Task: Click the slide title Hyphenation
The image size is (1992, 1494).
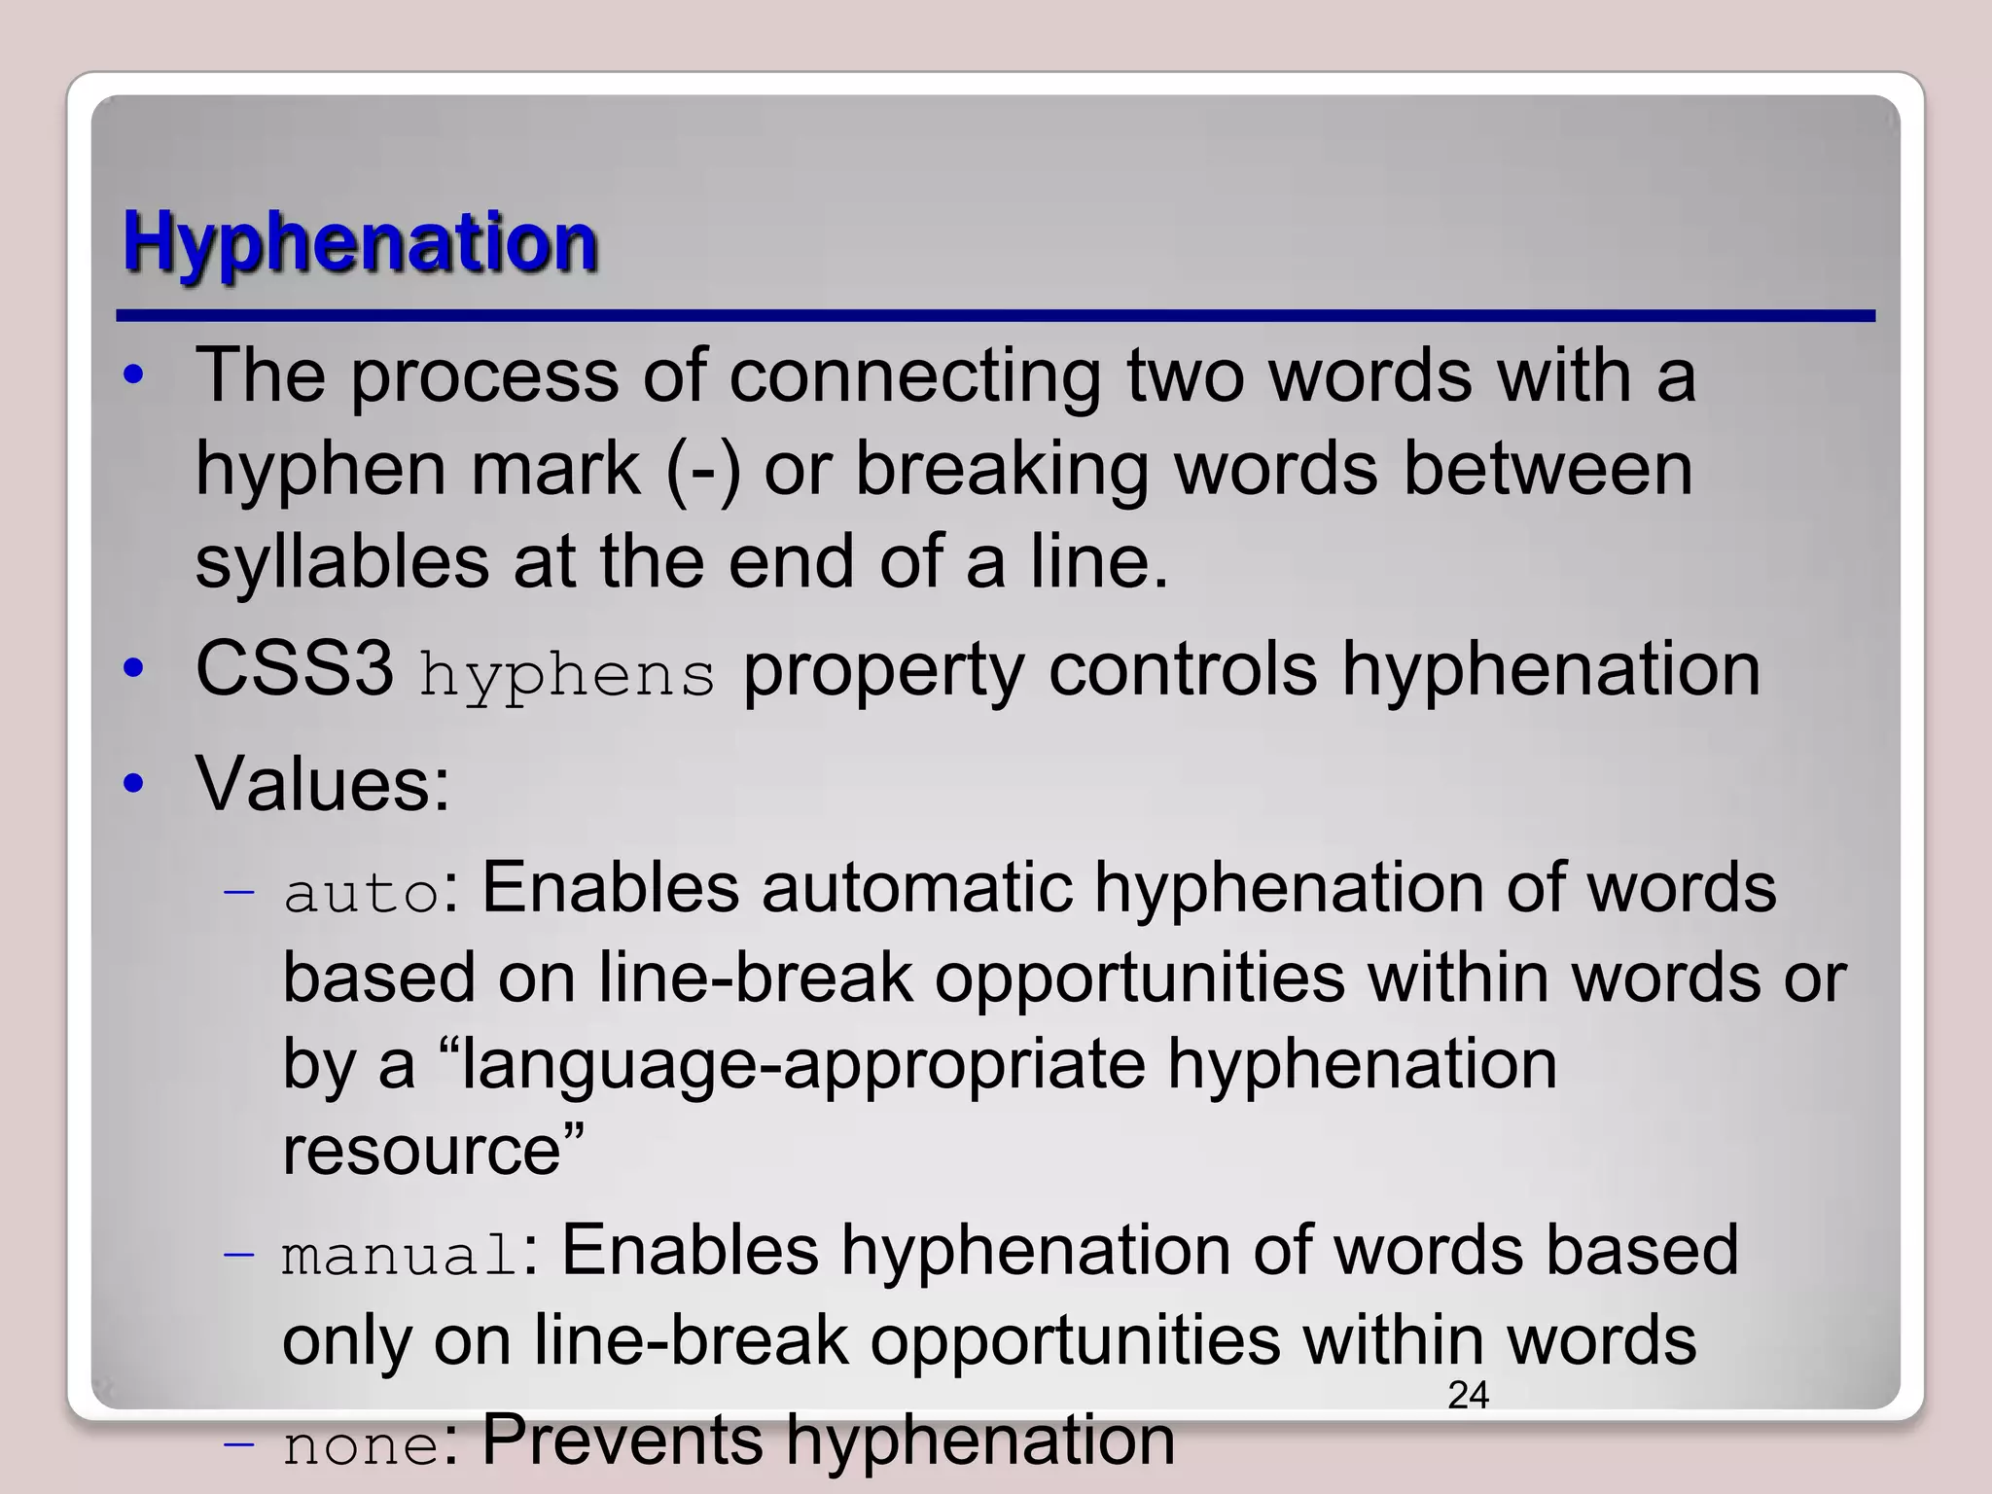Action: [x=360, y=243]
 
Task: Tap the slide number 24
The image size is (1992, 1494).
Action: [x=1468, y=1396]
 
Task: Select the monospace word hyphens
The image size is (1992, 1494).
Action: [x=567, y=675]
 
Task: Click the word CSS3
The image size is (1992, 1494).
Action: [x=295, y=669]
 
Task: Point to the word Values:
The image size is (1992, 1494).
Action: [x=323, y=784]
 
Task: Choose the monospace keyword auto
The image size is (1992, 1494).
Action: [x=362, y=893]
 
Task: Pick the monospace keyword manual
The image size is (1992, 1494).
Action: [x=400, y=1255]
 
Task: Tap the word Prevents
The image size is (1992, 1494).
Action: [x=622, y=1440]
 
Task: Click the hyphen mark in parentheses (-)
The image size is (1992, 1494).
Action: [x=703, y=471]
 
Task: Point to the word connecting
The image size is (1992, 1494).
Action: [x=915, y=377]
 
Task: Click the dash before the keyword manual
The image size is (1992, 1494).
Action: [x=238, y=1255]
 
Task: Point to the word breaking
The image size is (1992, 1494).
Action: [x=1002, y=471]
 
